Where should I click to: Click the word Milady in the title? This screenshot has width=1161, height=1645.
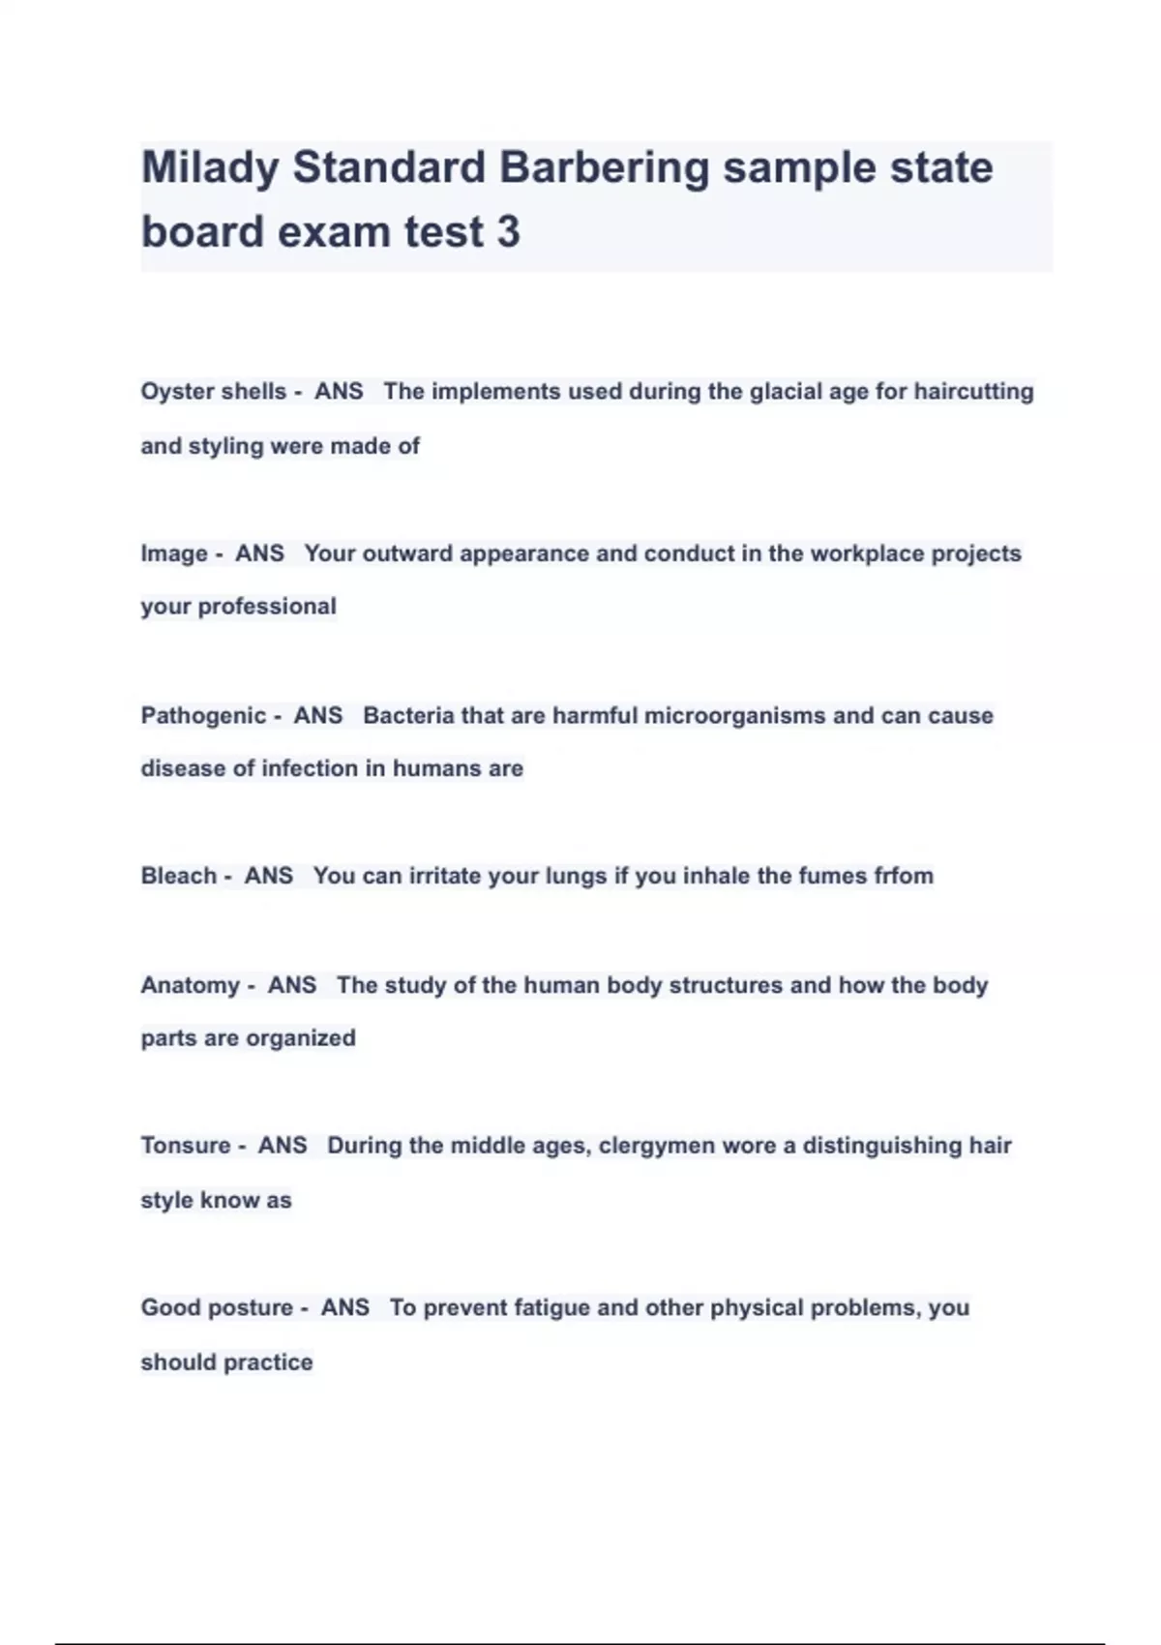tap(210, 168)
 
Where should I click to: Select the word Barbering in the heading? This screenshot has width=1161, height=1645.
tap(605, 168)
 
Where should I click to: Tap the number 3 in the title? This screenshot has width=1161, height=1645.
tap(508, 232)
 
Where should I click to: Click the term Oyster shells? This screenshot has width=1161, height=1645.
tap(214, 391)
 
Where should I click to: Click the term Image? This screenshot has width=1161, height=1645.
tap(174, 553)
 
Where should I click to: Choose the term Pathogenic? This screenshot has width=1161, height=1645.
tap(203, 716)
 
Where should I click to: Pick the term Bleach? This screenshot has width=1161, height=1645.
tap(179, 876)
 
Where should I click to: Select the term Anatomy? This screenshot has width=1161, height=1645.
tap(191, 985)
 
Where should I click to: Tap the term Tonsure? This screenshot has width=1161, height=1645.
tap(186, 1146)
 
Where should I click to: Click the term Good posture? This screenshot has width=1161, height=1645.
tap(217, 1308)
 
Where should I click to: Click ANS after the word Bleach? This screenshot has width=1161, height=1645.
tap(269, 876)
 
